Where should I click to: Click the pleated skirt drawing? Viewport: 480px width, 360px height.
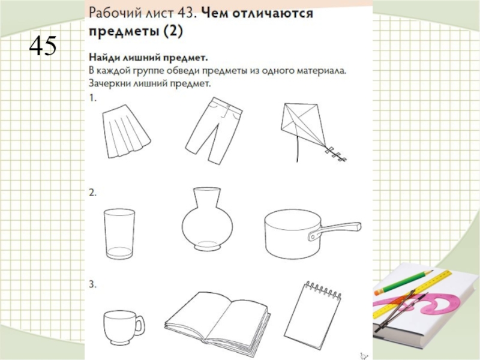[x=125, y=131]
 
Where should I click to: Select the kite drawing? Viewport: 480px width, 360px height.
[x=309, y=128]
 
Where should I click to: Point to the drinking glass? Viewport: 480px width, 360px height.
[x=119, y=234]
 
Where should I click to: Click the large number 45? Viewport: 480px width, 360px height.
[x=43, y=46]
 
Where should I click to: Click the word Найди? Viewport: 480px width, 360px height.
[x=104, y=58]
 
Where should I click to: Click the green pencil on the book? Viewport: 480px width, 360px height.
[x=403, y=281]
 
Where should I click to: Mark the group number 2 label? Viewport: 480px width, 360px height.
[x=92, y=193]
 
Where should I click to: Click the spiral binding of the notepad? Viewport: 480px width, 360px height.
[x=322, y=290]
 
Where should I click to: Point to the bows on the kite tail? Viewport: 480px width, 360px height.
[x=336, y=155]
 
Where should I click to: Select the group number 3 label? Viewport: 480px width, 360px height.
[x=92, y=284]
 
